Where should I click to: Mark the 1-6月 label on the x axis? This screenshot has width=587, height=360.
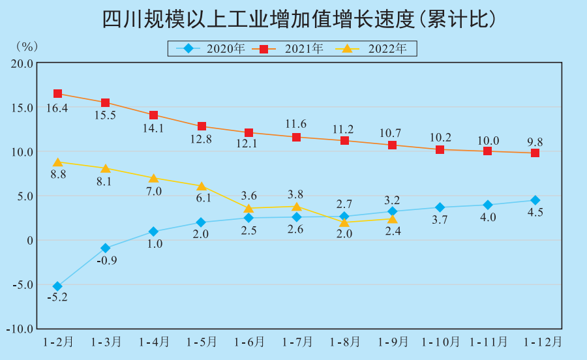pos(248,342)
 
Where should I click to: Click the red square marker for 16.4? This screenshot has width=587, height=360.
pos(57,94)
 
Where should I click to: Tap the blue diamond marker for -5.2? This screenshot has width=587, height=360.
pos(57,286)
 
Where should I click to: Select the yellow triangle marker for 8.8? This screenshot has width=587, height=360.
pos(57,162)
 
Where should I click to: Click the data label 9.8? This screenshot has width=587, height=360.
pos(535,141)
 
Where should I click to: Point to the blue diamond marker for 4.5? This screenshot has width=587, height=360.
pos(535,200)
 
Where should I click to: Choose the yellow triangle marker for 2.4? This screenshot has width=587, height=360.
pos(392,219)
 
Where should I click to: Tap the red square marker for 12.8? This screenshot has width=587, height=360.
pos(202,127)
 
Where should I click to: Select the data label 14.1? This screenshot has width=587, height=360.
pos(153,128)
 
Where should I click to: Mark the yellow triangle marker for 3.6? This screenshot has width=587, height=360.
pos(248,209)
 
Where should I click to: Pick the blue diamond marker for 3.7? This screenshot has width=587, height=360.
pos(440,207)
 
